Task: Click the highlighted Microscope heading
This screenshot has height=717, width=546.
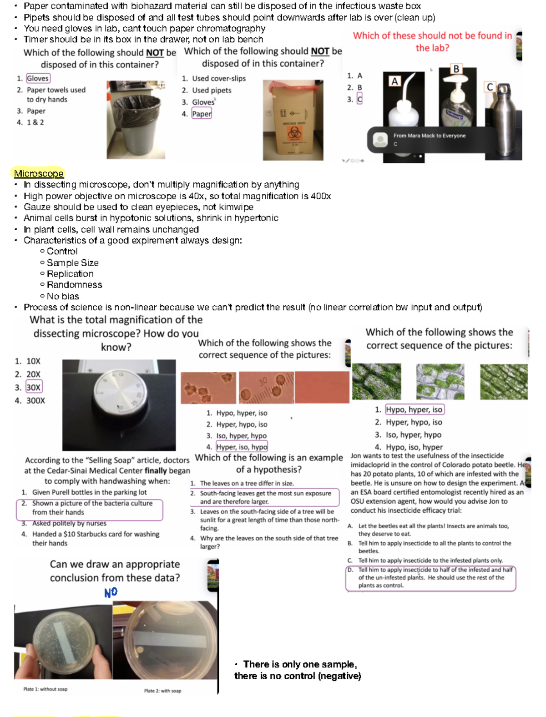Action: pyautogui.click(x=39, y=173)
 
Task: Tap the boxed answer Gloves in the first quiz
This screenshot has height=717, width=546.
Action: pyautogui.click(x=38, y=78)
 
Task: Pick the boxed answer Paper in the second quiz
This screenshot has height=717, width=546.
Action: pyautogui.click(x=202, y=114)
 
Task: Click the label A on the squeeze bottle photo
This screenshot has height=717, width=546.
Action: pyautogui.click(x=394, y=81)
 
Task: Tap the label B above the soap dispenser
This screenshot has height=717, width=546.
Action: pyautogui.click(x=456, y=69)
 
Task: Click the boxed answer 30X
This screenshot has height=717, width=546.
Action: pyautogui.click(x=33, y=387)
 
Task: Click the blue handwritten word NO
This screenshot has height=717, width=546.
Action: pyautogui.click(x=111, y=592)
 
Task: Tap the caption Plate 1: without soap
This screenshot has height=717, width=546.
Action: pyautogui.click(x=45, y=689)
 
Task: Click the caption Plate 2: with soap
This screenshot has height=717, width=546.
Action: pyautogui.click(x=162, y=691)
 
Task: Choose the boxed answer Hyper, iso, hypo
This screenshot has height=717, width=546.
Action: pyautogui.click(x=242, y=447)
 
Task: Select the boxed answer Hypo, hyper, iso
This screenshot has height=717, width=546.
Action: pyautogui.click(x=414, y=409)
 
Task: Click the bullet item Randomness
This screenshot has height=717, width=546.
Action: pyautogui.click(x=74, y=285)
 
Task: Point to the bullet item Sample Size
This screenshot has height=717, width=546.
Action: pyautogui.click(x=72, y=263)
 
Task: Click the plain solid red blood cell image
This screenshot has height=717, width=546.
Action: pyautogui.click(x=321, y=387)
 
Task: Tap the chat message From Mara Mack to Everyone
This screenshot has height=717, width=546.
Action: pyautogui.click(x=429, y=136)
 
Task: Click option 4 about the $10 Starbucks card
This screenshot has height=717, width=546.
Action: pyautogui.click(x=96, y=538)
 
